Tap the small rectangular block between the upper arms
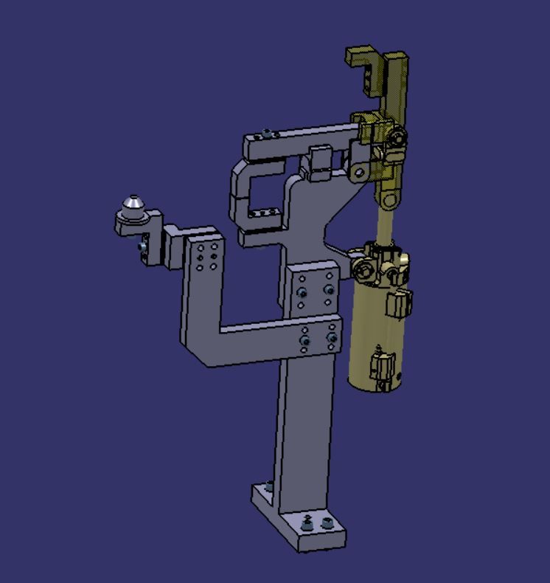320,162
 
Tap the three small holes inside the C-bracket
262,214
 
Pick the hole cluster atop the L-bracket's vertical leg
206,255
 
